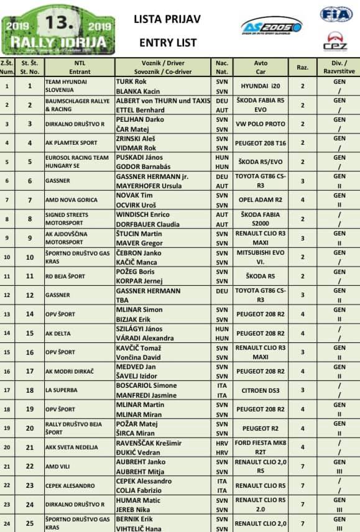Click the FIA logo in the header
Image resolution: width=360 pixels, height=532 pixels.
tap(336, 14)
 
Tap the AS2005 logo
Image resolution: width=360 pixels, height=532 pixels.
tap(271, 26)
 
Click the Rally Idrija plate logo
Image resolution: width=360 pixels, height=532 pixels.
tap(58, 30)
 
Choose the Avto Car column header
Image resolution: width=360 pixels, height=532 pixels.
tap(261, 67)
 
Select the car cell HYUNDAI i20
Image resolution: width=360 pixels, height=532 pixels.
tap(262, 86)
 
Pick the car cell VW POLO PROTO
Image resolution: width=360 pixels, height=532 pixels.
tap(262, 124)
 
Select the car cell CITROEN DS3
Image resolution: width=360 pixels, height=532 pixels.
tap(262, 390)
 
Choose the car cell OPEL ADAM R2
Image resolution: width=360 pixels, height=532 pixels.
tap(262, 200)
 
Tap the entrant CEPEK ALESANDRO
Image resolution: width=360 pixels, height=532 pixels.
tap(73, 485)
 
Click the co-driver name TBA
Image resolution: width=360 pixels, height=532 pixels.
tap(124, 300)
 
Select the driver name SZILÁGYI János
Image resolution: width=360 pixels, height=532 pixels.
tap(141, 328)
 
